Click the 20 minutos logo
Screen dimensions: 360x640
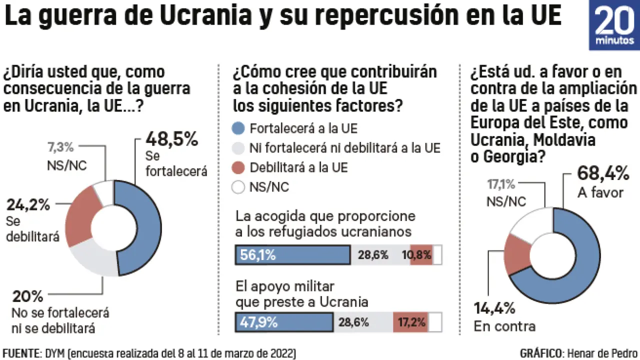point(614,25)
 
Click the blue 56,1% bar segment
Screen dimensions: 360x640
point(292,255)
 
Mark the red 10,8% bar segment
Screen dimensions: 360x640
point(421,255)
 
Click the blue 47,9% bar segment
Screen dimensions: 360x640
point(284,322)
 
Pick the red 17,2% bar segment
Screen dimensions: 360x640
point(410,322)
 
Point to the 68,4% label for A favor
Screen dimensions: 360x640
point(602,173)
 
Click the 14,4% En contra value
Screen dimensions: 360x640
point(494,308)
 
